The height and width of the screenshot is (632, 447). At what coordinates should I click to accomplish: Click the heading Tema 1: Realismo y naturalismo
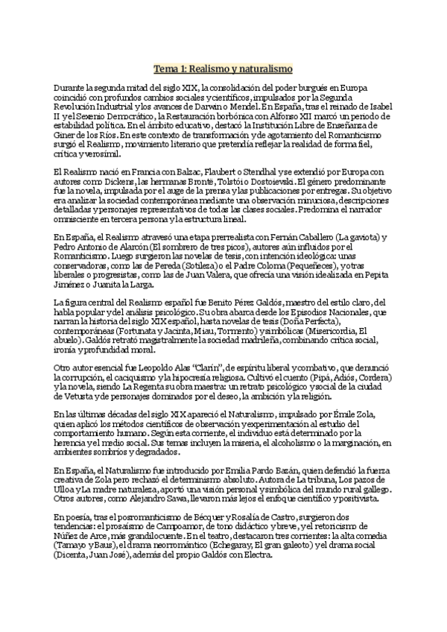coord(223,69)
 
